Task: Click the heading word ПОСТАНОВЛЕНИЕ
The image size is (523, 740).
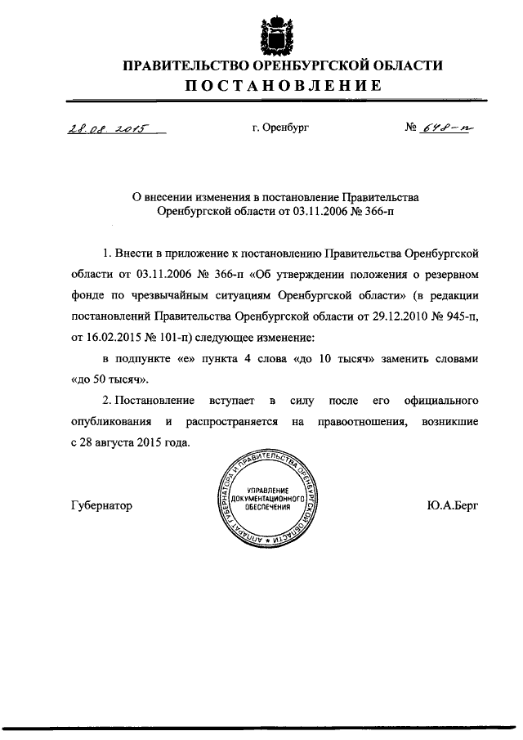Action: pos(282,86)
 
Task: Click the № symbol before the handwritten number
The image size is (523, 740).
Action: pos(411,128)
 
